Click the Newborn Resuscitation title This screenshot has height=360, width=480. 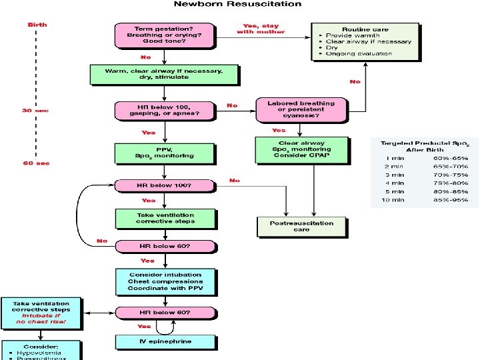(237, 5)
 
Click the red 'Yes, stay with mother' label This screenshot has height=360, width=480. (261, 29)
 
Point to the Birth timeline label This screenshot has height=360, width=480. (37, 25)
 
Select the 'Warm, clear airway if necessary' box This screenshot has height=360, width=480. (164, 73)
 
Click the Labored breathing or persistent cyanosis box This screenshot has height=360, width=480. (301, 109)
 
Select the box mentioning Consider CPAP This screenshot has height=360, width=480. (301, 151)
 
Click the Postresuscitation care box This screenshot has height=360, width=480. (301, 227)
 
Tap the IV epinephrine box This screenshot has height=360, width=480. (165, 341)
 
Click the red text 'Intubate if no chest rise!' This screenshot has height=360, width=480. (41, 320)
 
